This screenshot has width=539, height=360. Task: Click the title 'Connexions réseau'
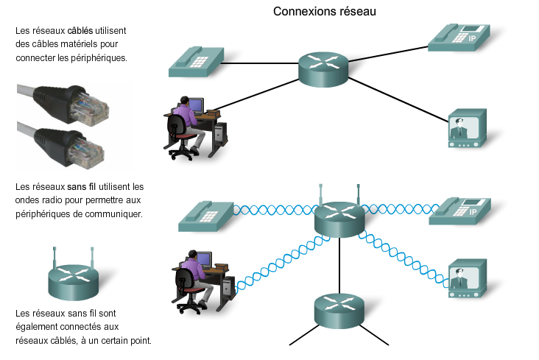coord(325,12)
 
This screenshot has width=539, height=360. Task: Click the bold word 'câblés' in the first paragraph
coord(82,32)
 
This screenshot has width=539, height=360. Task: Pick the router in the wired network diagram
coord(323,68)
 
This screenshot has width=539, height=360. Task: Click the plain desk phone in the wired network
coord(194,62)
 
